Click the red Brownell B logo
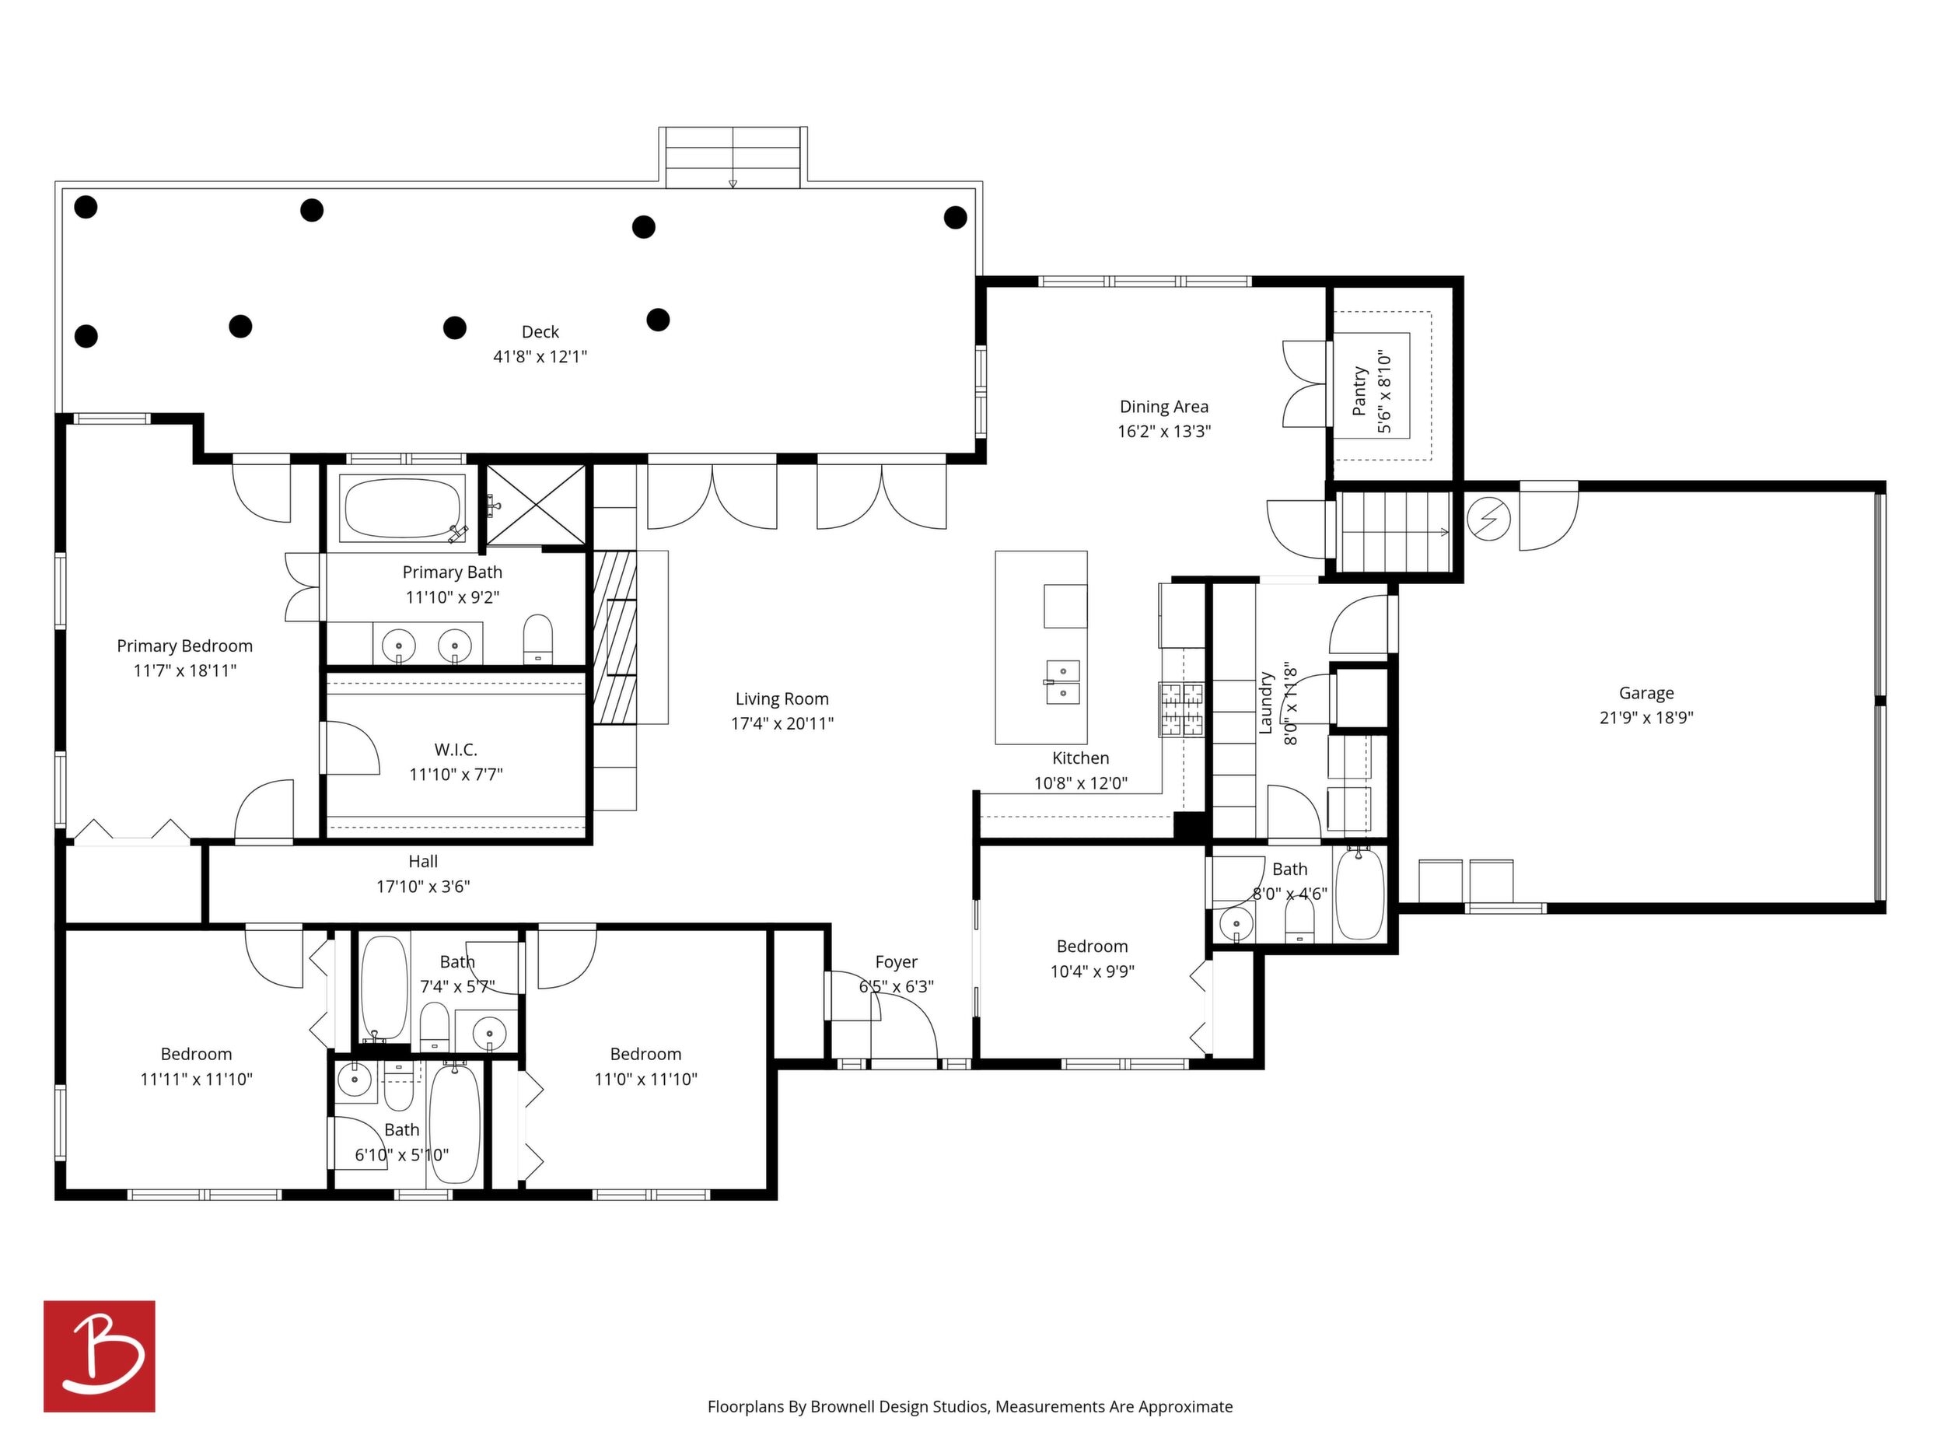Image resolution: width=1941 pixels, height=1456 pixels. [x=100, y=1356]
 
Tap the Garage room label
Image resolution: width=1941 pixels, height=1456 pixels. [x=1646, y=692]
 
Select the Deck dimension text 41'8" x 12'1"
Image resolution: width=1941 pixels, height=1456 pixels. [x=540, y=356]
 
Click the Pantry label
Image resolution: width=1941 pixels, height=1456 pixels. [x=1359, y=390]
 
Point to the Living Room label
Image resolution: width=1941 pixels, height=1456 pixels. [x=782, y=698]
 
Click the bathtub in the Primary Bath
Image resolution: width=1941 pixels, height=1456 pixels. [x=403, y=507]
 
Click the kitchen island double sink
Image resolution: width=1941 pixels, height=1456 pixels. [x=1062, y=683]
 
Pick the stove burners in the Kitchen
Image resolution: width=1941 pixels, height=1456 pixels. [x=1182, y=709]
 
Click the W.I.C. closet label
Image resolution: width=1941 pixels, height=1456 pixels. [x=456, y=750]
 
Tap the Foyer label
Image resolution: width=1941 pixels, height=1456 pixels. [x=896, y=962]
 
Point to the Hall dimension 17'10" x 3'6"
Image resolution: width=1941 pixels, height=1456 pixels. [x=423, y=887]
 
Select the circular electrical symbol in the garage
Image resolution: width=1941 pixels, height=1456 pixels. [x=1488, y=520]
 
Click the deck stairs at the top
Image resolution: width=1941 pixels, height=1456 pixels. [x=733, y=157]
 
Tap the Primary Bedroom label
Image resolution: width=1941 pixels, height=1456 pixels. [x=184, y=646]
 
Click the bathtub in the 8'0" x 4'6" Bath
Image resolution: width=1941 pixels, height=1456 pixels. [x=1359, y=894]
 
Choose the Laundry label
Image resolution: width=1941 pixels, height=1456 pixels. [x=1265, y=703]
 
